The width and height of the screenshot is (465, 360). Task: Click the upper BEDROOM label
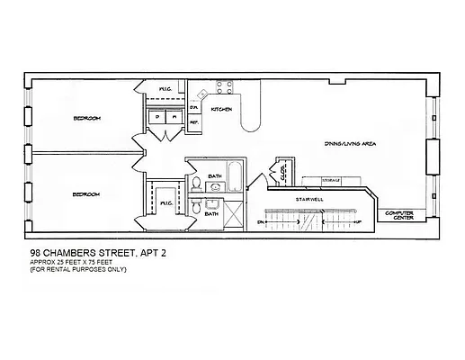coord(86,118)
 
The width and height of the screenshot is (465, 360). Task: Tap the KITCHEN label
coord(222,109)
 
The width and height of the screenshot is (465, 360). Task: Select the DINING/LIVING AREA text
coord(350,144)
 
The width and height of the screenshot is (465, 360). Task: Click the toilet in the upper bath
coord(197,184)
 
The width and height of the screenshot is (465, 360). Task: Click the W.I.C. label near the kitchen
coord(165,90)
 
